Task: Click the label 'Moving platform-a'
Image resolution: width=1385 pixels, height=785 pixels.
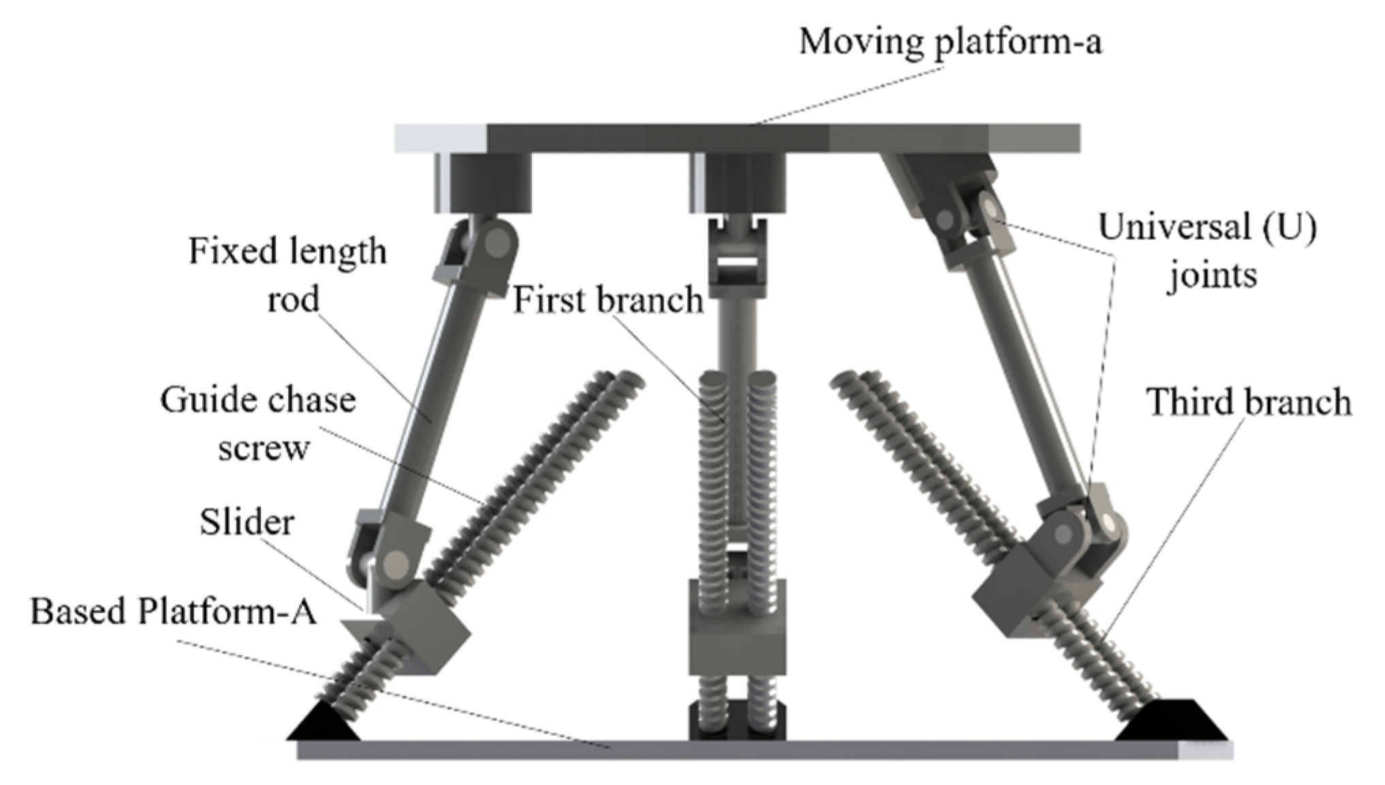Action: (950, 42)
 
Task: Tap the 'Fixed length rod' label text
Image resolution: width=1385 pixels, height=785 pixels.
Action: (288, 275)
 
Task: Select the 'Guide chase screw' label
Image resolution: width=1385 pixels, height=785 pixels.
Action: (259, 423)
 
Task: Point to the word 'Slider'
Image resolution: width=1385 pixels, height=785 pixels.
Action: (246, 523)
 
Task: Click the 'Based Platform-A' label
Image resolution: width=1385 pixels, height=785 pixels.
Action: (174, 611)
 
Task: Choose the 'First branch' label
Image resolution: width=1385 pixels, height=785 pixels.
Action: (607, 300)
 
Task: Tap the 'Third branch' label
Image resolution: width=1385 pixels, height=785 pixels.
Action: (1249, 402)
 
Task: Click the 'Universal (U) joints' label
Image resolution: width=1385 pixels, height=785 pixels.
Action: (1208, 251)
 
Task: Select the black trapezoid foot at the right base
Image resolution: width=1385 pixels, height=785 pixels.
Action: (1171, 722)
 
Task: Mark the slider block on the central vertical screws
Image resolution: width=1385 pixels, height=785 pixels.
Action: (737, 641)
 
